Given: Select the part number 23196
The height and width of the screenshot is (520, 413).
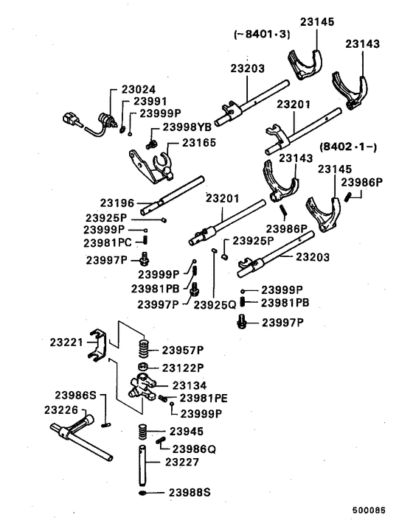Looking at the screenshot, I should click(117, 202).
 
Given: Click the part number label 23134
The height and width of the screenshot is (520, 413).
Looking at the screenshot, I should click(189, 384).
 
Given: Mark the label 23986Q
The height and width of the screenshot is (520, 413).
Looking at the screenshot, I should click(193, 448).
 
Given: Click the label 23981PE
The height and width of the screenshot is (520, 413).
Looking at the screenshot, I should click(202, 398).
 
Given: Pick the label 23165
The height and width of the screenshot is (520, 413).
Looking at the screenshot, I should click(198, 143).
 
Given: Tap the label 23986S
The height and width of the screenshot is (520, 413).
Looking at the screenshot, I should click(72, 396).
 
